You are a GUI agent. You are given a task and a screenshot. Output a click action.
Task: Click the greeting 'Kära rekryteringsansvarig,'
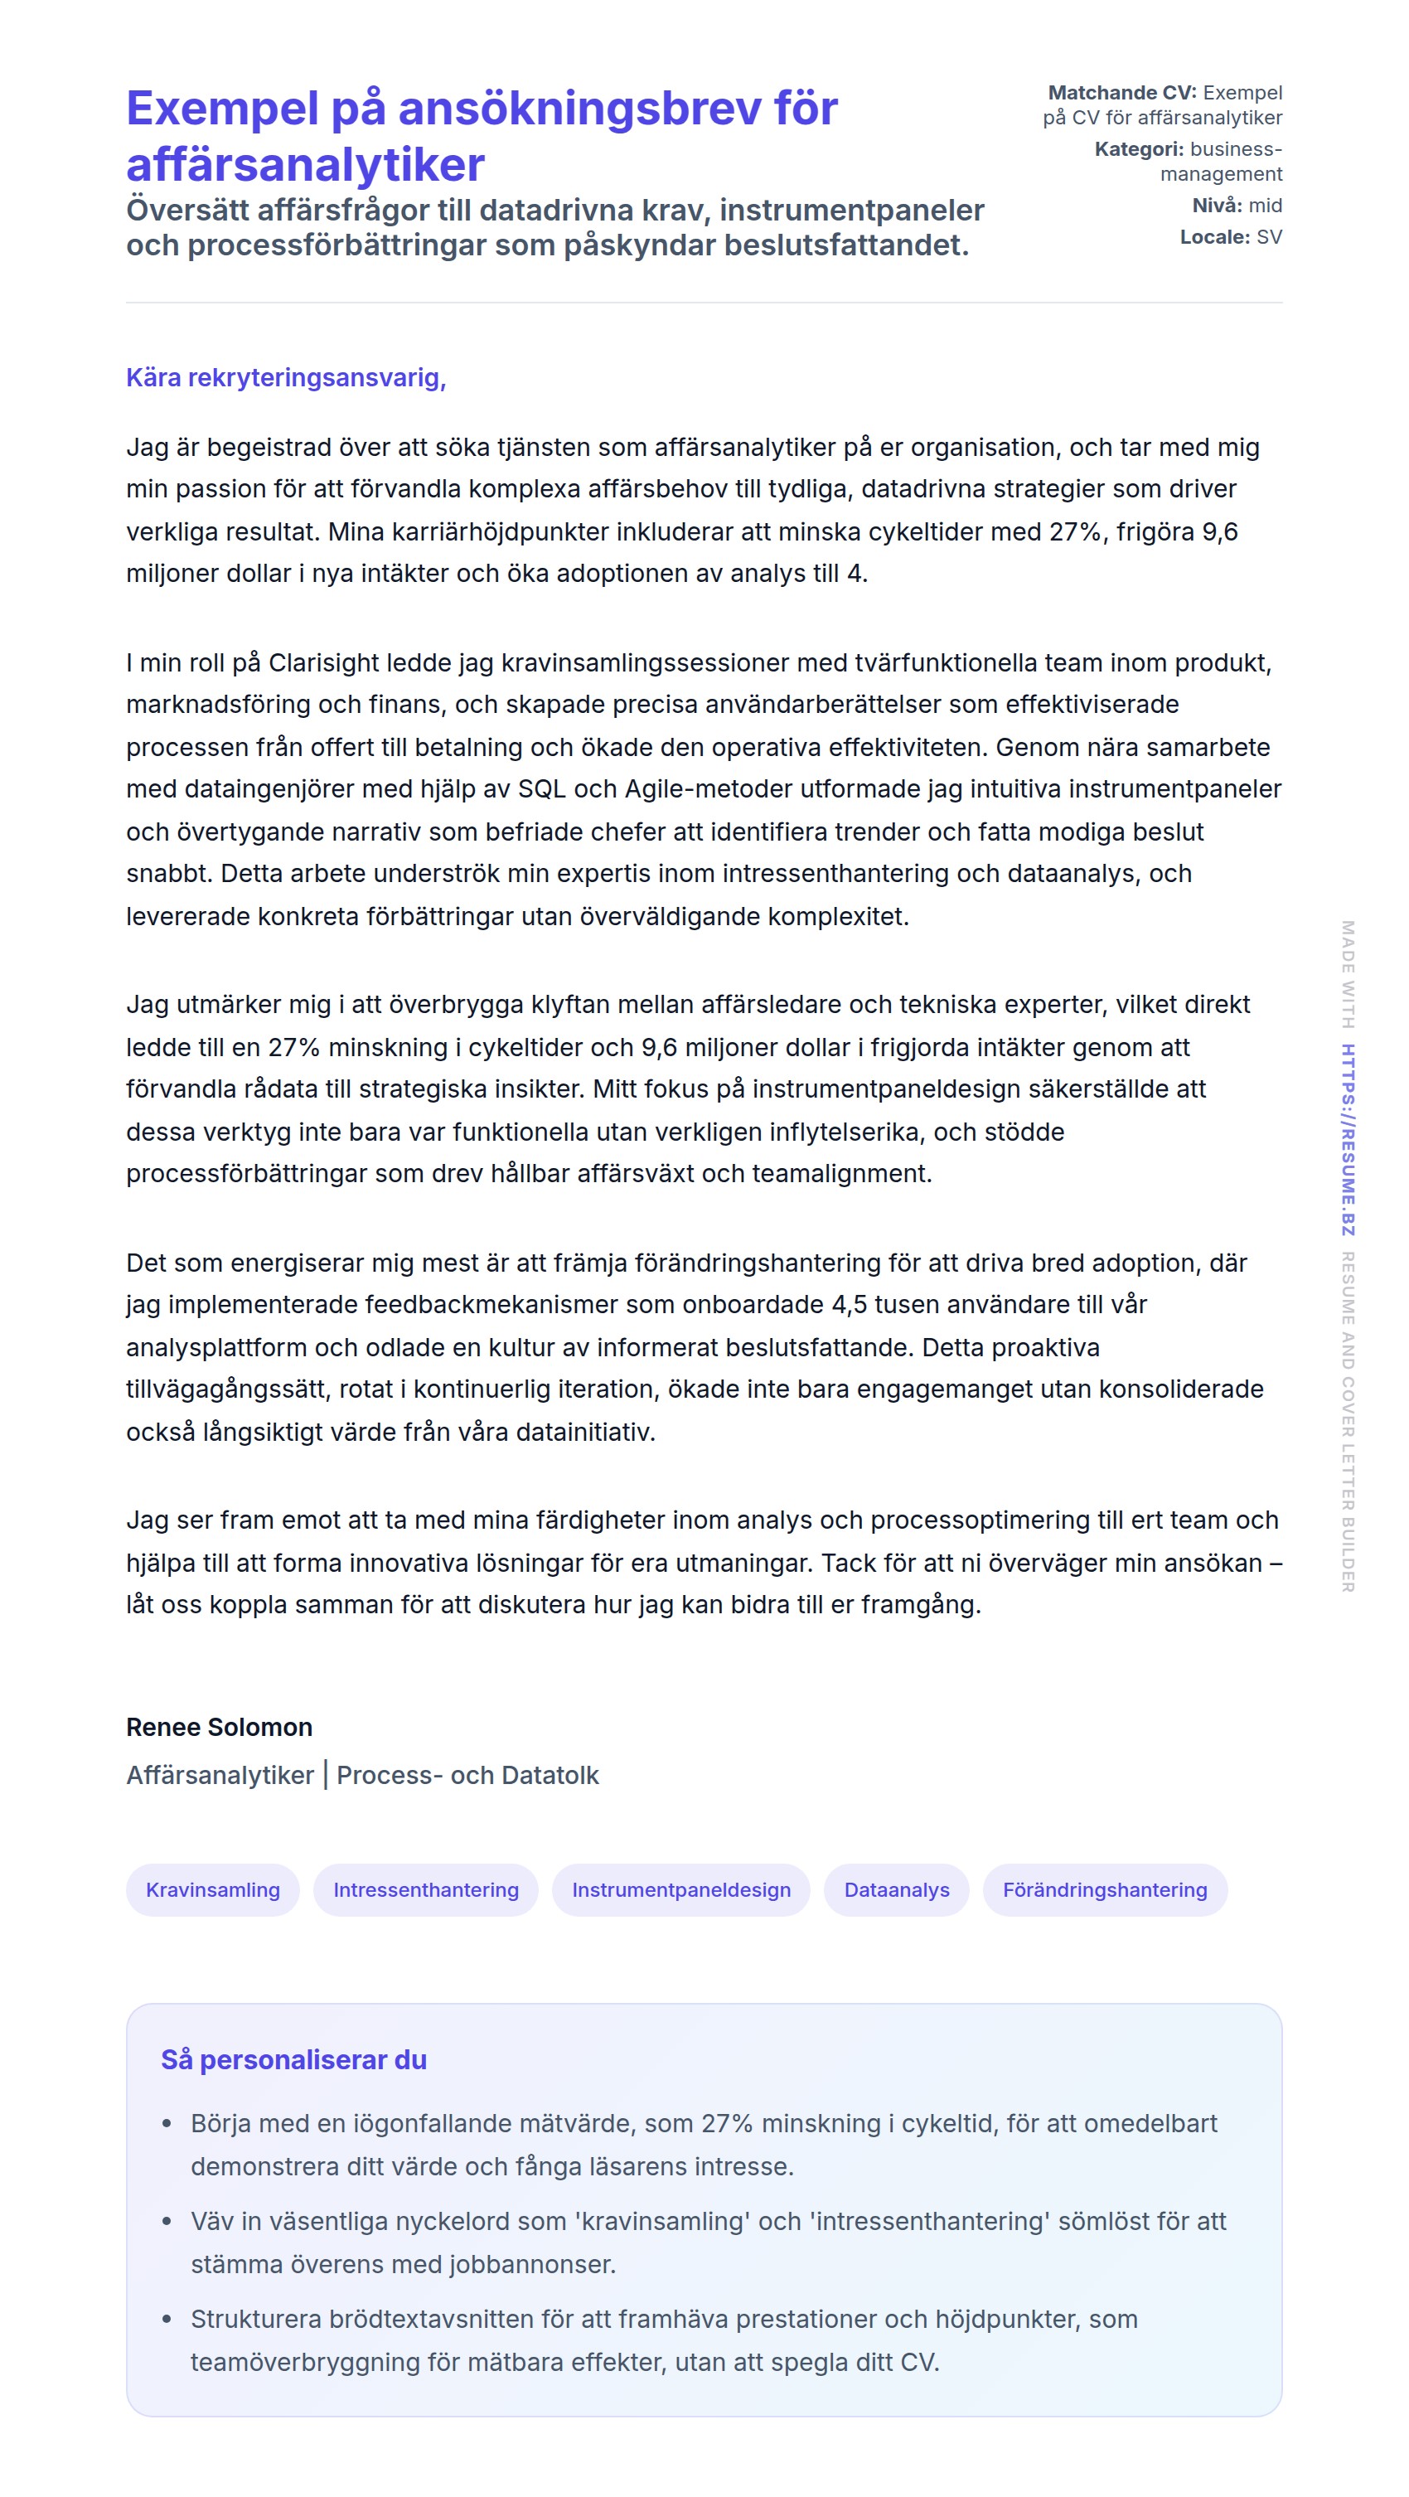tap(286, 378)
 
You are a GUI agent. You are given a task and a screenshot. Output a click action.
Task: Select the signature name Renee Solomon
tap(219, 1728)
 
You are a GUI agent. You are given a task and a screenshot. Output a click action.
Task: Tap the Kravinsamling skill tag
tap(212, 1890)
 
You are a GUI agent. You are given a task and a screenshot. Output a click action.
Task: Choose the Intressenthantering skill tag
tap(425, 1890)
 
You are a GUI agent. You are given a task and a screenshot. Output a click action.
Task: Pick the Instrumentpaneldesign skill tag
tap(680, 1890)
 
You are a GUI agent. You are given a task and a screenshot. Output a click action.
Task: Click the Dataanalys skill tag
tap(896, 1890)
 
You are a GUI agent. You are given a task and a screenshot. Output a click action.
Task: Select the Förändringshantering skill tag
tap(1105, 1890)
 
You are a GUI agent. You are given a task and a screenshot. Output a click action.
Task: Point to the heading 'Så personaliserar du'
tap(293, 2060)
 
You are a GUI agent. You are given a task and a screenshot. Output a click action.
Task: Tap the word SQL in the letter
tap(542, 789)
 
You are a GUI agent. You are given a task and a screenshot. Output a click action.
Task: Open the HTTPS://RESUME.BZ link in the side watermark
tap(1348, 1139)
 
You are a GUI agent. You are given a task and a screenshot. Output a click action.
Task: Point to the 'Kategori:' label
tap(1139, 149)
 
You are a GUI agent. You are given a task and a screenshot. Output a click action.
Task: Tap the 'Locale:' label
tap(1214, 237)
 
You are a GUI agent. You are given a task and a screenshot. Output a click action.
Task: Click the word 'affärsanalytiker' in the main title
tap(305, 165)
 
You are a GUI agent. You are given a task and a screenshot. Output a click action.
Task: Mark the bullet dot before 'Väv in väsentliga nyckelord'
tap(167, 2222)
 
